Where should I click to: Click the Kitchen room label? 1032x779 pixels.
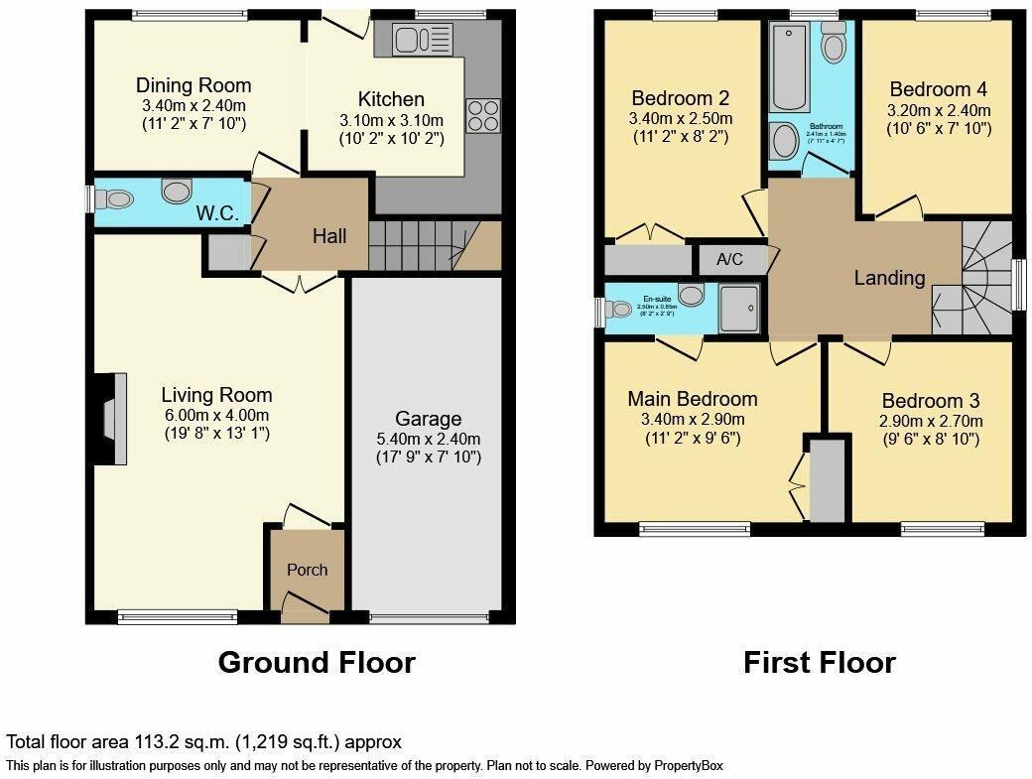tap(391, 99)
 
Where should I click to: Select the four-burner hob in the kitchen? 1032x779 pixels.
tap(483, 115)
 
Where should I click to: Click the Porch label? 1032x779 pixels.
tap(307, 570)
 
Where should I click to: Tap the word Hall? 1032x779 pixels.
tap(329, 236)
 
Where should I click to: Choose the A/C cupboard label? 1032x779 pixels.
tap(729, 260)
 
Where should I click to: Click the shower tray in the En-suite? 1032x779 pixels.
tap(741, 309)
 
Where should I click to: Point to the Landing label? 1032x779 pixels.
tap(889, 278)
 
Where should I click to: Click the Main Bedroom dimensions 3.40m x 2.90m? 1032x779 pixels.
tap(692, 420)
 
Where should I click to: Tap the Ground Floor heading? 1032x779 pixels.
tap(316, 662)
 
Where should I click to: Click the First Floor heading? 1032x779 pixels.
tap(819, 662)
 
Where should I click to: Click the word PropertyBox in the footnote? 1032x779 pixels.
tap(687, 765)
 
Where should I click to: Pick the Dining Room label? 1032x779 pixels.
tap(193, 85)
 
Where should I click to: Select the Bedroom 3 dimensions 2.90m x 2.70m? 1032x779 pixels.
tap(931, 421)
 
